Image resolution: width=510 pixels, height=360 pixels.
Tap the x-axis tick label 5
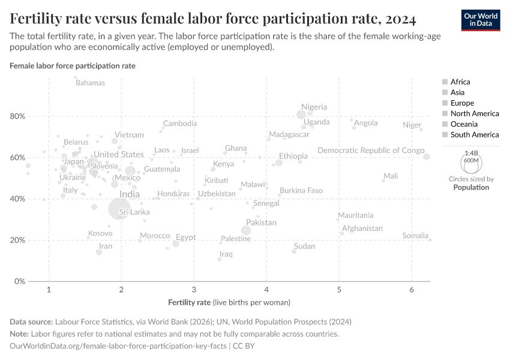[339, 290]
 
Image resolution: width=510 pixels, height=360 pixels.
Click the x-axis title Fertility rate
[190, 302]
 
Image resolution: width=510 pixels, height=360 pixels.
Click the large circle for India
[120, 208]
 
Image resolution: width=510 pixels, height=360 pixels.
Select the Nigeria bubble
[301, 115]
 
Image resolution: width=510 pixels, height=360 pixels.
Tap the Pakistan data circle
[245, 230]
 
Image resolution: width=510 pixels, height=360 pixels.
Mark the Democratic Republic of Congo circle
[427, 157]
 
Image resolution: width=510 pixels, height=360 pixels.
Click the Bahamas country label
[90, 83]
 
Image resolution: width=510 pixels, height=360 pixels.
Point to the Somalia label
[415, 236]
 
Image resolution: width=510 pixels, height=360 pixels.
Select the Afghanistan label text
[362, 229]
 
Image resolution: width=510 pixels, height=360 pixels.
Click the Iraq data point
[220, 259]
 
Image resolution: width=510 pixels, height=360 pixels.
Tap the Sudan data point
[294, 251]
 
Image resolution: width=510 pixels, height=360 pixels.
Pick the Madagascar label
[289, 134]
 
